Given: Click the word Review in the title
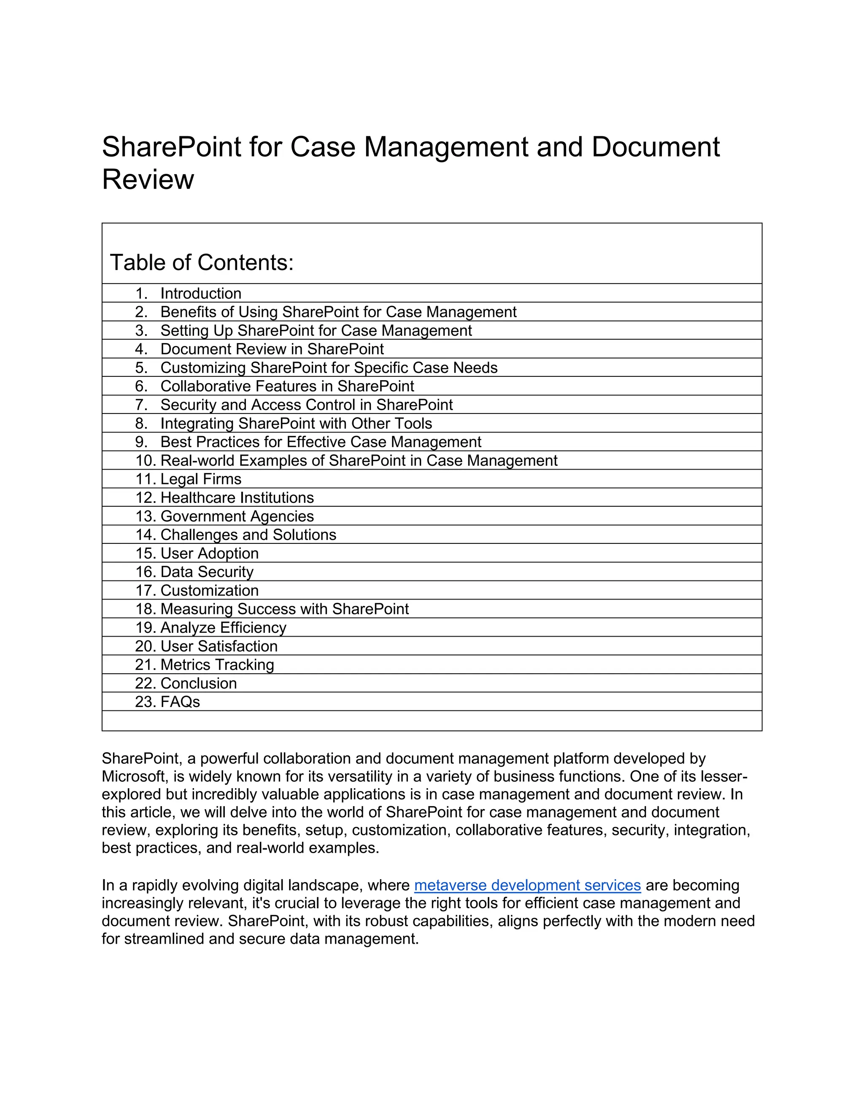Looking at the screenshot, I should tap(148, 180).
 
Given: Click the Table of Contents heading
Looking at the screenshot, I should tap(202, 262).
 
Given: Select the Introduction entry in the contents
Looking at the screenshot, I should tap(201, 293).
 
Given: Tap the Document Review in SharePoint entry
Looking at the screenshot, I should tap(272, 349).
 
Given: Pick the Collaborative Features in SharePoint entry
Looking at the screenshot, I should tap(287, 386).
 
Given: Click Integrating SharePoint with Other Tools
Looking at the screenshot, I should tap(296, 423).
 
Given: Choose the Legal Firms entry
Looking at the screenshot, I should tap(201, 479).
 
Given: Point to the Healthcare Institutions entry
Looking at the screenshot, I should tap(237, 497).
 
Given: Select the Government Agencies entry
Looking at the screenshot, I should tap(237, 516).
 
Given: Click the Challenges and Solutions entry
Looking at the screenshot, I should tap(248, 535).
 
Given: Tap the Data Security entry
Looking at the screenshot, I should tap(207, 572).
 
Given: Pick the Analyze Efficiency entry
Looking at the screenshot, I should tap(223, 628).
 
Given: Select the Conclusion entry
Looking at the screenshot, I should tap(199, 683).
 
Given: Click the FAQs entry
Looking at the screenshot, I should tap(180, 702).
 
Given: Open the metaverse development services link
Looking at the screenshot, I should tap(527, 885).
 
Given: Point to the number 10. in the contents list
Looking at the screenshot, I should tap(146, 461).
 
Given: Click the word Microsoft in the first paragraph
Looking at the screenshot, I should tap(134, 777).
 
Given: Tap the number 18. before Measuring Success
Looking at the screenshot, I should tap(146, 609).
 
